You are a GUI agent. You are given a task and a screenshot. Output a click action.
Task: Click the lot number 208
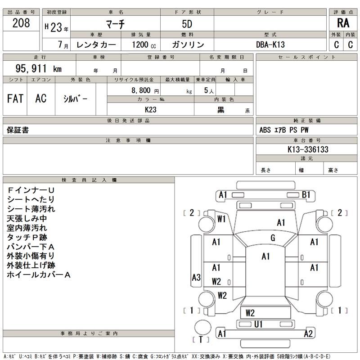pyautogui.click(x=21, y=23)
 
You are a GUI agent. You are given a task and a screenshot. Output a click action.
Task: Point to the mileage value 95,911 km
pyautogui.click(x=39, y=69)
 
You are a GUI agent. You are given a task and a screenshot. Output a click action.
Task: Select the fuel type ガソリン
pyautogui.click(x=188, y=45)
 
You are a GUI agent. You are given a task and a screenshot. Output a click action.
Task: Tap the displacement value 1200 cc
pyautogui.click(x=144, y=45)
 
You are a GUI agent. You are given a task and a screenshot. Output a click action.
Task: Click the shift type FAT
pyautogui.click(x=15, y=99)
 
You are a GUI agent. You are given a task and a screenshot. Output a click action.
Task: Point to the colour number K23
pyautogui.click(x=151, y=109)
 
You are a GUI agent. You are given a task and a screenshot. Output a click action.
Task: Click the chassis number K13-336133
pyautogui.click(x=307, y=149)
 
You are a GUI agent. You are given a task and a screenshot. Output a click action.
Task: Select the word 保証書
pyautogui.click(x=18, y=130)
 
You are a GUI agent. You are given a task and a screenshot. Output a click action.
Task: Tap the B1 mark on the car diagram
pyautogui.click(x=306, y=195)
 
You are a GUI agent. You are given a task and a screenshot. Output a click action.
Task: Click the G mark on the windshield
pyautogui.click(x=273, y=238)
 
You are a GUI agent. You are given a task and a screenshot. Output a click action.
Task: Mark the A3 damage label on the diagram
pyautogui.click(x=196, y=278)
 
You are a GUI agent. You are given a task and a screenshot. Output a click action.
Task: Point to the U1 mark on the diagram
pyautogui.click(x=258, y=324)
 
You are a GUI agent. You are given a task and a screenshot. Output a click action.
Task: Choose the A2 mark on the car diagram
pyautogui.click(x=308, y=333)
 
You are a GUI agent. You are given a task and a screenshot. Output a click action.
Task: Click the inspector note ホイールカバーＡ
pyautogui.click(x=39, y=274)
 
